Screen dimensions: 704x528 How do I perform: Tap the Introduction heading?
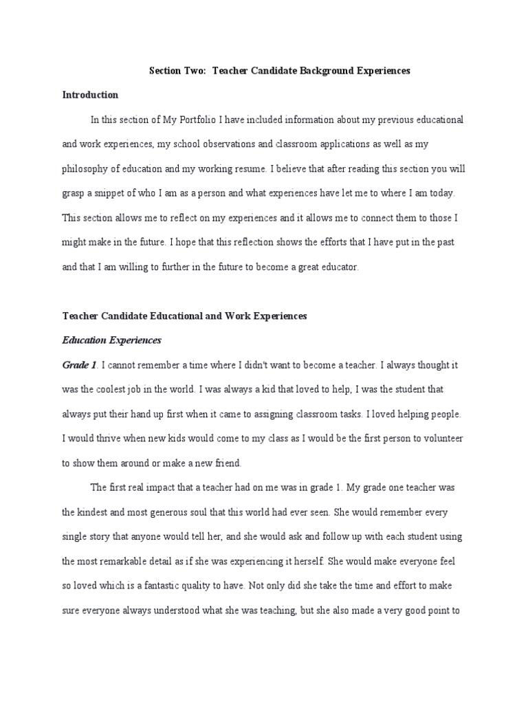90,95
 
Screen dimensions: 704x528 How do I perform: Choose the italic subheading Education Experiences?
111,340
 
